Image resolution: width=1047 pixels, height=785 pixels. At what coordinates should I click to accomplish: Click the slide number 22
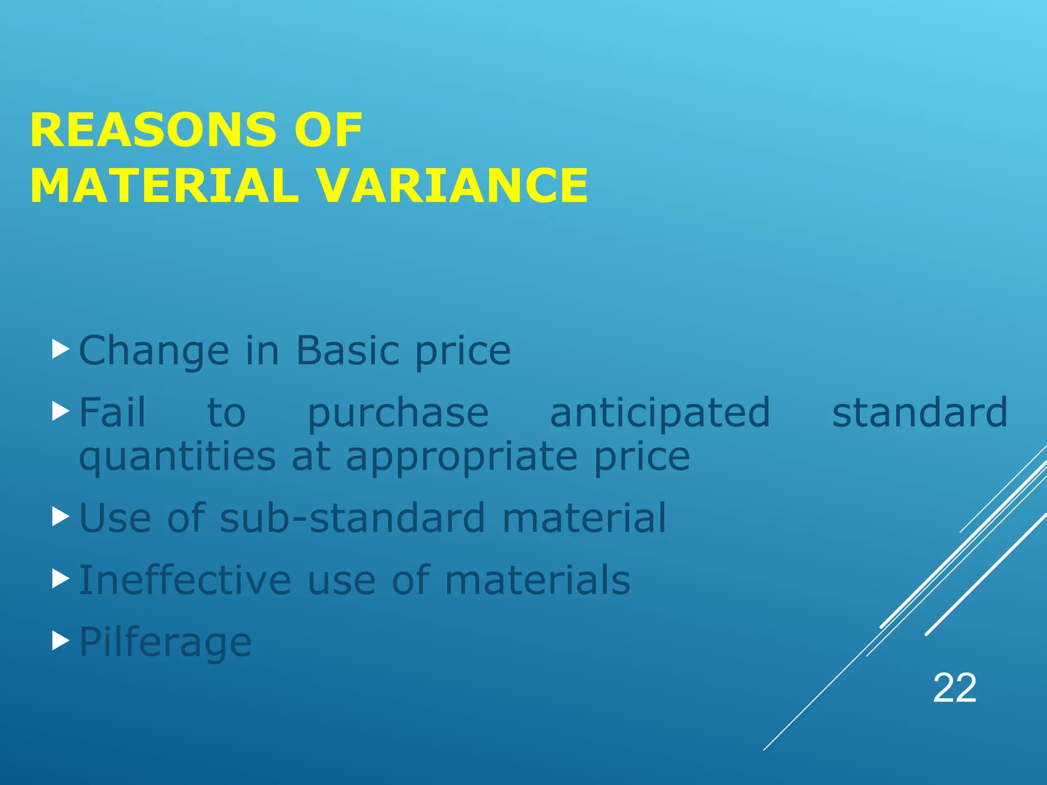pyautogui.click(x=954, y=688)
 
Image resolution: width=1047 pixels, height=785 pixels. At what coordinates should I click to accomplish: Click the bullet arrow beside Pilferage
pyautogui.click(x=60, y=640)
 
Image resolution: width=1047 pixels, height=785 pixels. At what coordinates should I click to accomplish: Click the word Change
pyautogui.click(x=154, y=352)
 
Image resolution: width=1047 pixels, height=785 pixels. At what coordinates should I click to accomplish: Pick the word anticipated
pyautogui.click(x=660, y=413)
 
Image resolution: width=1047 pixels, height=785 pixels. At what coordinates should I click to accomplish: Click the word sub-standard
pyautogui.click(x=352, y=518)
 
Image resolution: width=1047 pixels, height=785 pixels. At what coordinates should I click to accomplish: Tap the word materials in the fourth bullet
pyautogui.click(x=537, y=581)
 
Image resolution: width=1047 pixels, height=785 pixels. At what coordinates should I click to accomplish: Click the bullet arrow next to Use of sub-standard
pyautogui.click(x=60, y=517)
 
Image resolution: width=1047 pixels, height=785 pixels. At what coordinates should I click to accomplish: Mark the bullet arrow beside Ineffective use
pyautogui.click(x=60, y=579)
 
